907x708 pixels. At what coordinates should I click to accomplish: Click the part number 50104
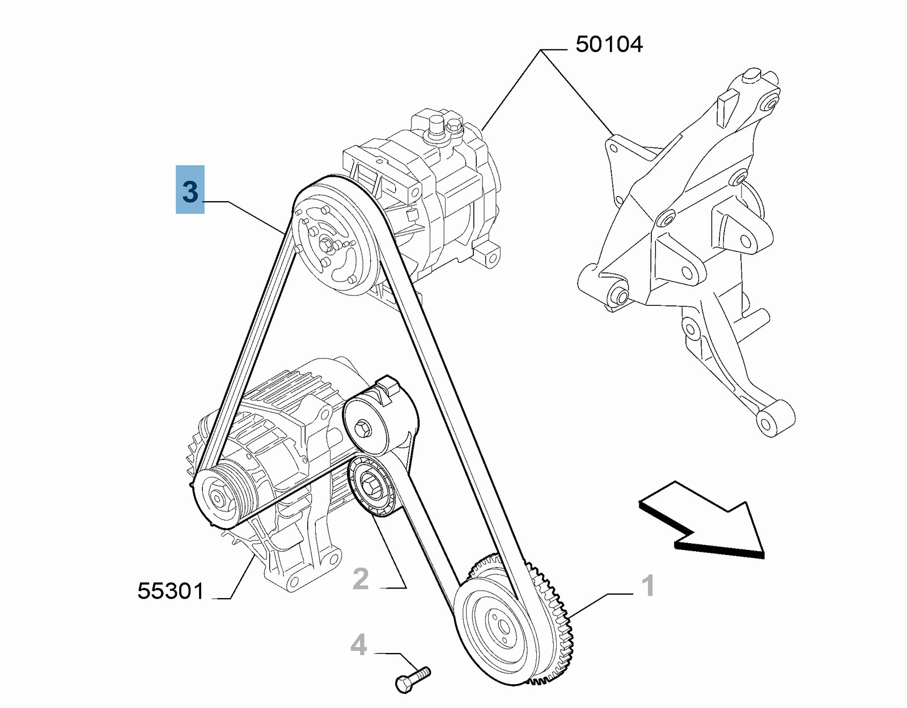pyautogui.click(x=609, y=44)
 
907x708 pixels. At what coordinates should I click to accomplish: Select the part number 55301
pyautogui.click(x=170, y=591)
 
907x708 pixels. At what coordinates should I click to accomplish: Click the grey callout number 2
pyautogui.click(x=361, y=579)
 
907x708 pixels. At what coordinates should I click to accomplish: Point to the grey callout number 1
pyautogui.click(x=648, y=585)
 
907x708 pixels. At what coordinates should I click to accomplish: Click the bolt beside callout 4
pyautogui.click(x=412, y=679)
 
